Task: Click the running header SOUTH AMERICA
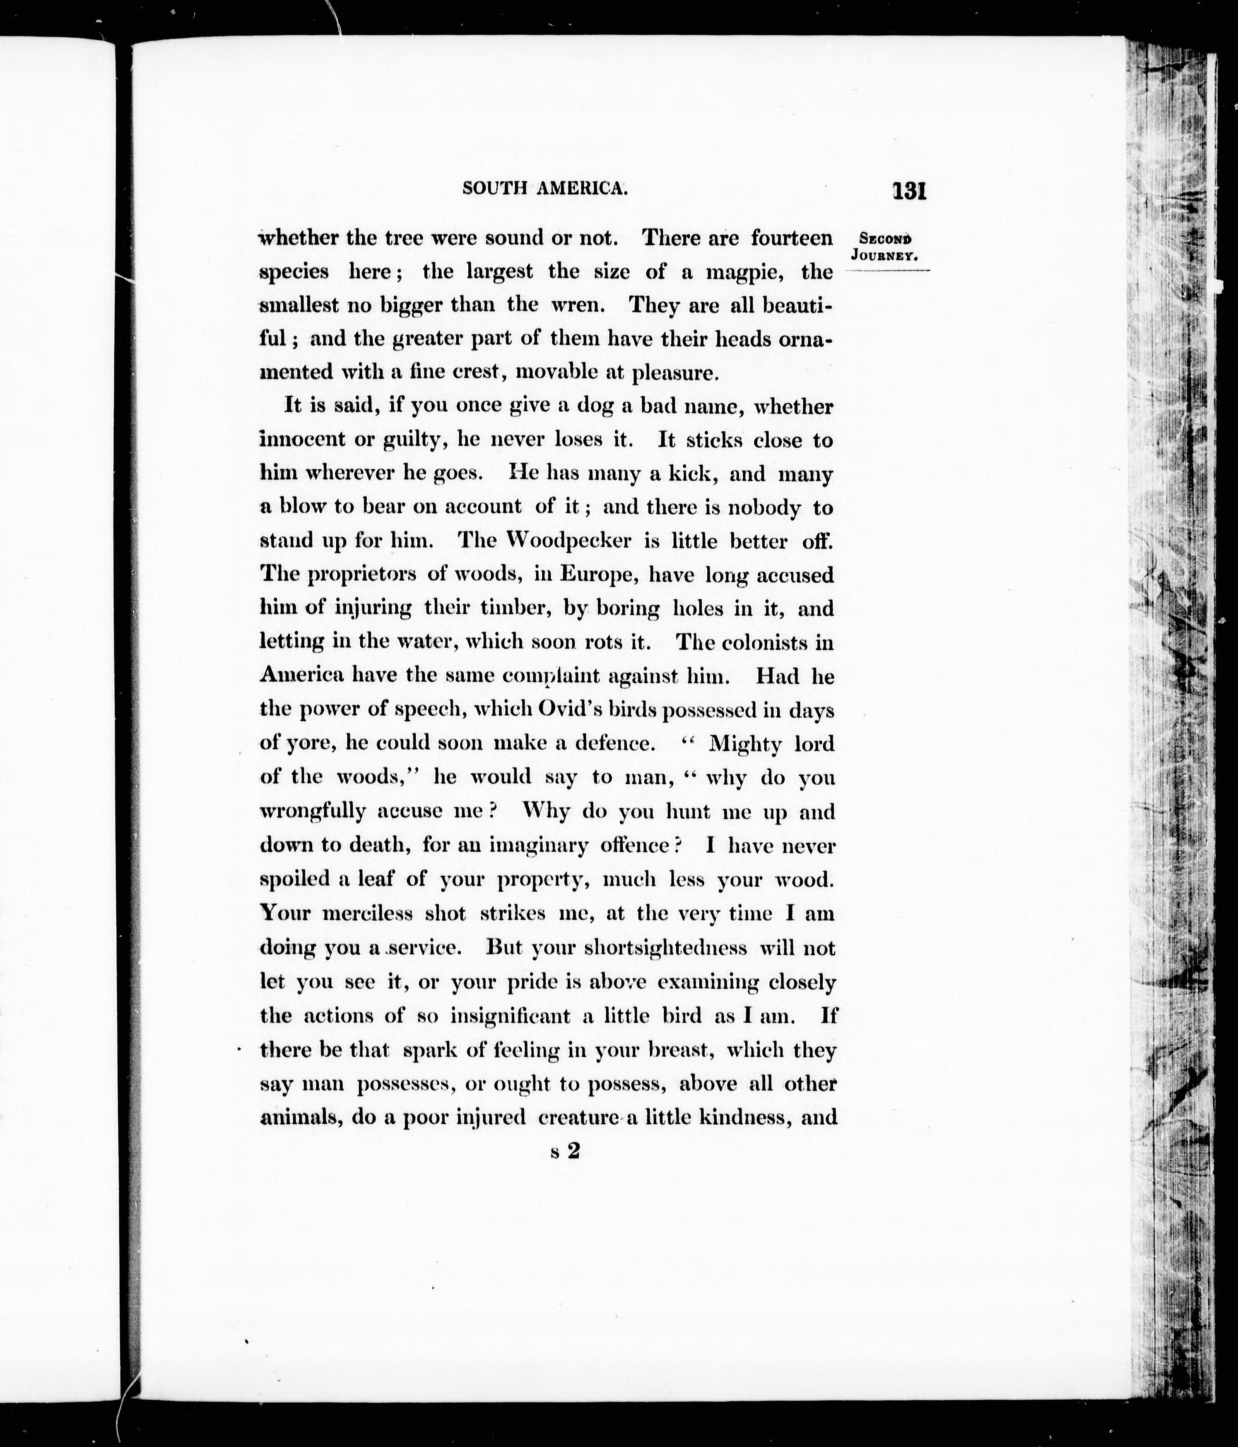(544, 189)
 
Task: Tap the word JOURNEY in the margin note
(884, 256)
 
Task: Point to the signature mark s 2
(565, 1151)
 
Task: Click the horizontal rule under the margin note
(887, 269)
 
